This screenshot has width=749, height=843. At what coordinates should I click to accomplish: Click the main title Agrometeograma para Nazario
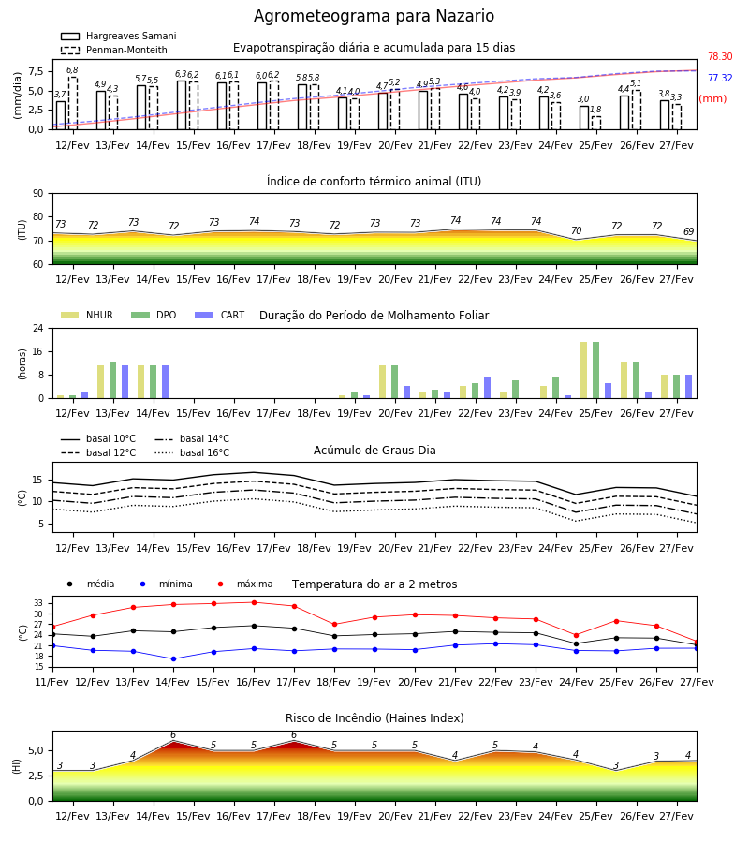coord(374,16)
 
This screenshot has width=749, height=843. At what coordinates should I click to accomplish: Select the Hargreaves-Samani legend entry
coord(119,36)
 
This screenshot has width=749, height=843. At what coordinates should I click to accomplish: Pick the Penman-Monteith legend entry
coord(114,50)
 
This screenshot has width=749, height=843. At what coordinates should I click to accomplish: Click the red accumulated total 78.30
coord(720,56)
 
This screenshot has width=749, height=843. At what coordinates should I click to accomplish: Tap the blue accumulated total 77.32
coord(720,78)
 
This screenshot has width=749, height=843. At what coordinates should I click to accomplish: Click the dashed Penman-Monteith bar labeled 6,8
coord(72,103)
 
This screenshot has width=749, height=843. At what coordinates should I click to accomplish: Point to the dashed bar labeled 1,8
coord(596,123)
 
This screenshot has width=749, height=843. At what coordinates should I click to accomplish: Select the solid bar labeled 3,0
coord(584,118)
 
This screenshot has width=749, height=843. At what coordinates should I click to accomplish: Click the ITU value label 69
coord(688,231)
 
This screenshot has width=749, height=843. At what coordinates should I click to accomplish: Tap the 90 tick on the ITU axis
coord(38,194)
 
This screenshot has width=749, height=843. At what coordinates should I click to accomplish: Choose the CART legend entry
coord(220,315)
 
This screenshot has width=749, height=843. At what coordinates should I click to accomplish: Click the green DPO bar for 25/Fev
coord(595,370)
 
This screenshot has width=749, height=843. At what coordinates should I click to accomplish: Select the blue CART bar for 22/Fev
coord(488,388)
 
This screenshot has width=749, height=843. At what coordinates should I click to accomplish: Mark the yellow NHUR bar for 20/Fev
coord(383,382)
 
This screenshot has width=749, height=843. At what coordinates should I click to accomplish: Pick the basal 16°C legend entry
coord(192,452)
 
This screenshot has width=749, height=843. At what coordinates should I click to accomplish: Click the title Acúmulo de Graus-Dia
coord(374,450)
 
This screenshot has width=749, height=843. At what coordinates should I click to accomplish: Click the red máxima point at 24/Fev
coord(577,635)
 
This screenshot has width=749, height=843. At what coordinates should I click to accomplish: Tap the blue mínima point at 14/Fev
coord(173,658)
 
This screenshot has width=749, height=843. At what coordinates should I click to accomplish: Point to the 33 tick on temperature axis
coord(38,603)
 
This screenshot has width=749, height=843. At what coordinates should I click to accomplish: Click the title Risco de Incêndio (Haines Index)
coord(374,718)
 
